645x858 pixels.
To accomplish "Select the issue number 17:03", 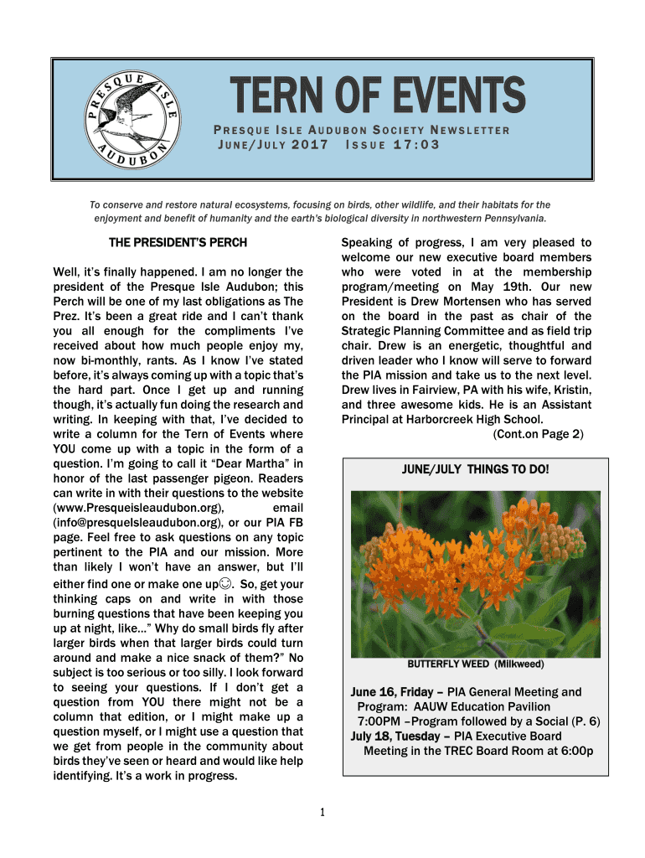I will click(x=410, y=144).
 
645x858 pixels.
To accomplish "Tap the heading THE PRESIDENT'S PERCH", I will click(x=178, y=243).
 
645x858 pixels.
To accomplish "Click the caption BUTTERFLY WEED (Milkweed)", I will click(x=476, y=664).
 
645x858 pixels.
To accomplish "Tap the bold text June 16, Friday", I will click(x=391, y=692).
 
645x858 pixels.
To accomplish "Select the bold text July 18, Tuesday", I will click(x=393, y=737).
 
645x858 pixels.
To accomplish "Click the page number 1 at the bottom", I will click(x=322, y=812).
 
